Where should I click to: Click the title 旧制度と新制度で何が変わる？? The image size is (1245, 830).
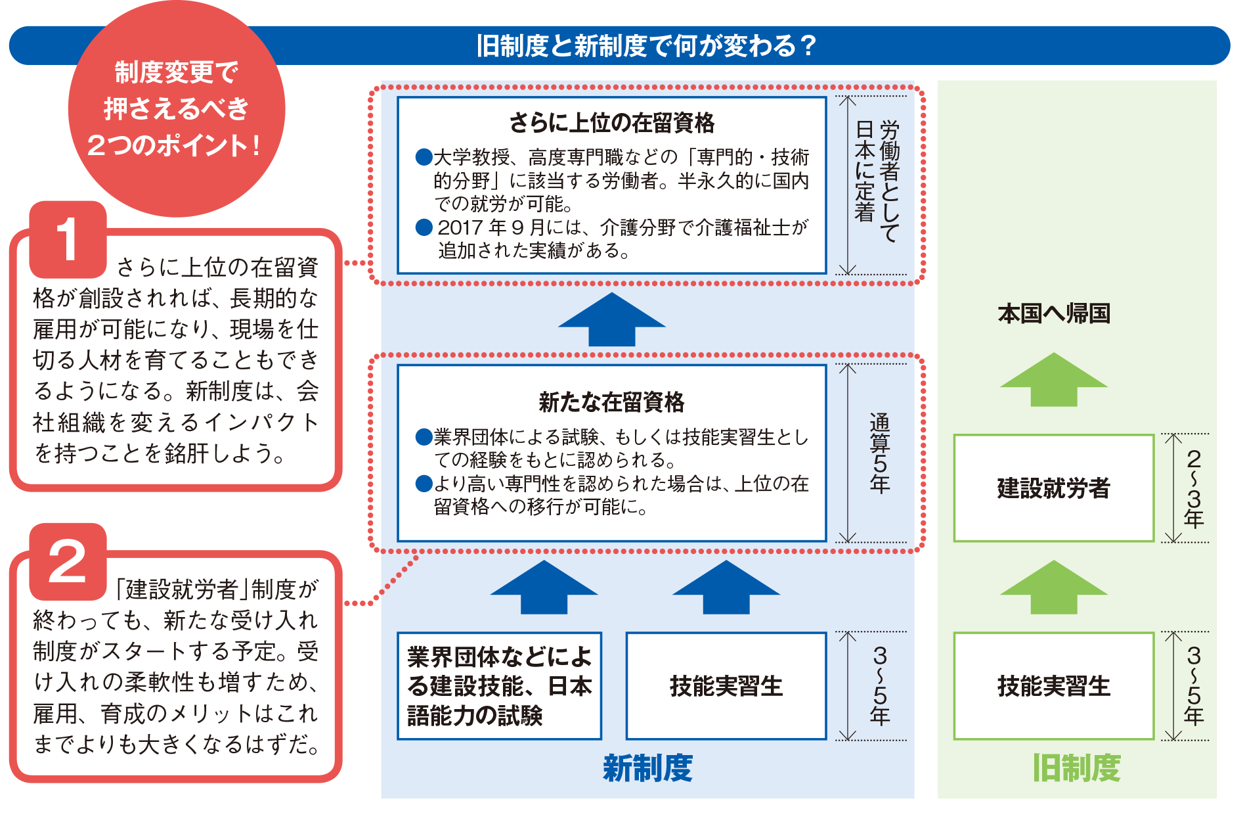(x=646, y=46)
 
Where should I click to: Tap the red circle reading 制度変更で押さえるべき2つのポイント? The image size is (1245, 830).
(x=176, y=108)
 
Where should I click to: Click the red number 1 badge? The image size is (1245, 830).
(x=68, y=239)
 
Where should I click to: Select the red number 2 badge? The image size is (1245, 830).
(x=68, y=561)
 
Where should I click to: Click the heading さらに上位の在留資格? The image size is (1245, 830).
(x=611, y=123)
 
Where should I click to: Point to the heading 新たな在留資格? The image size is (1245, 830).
(x=611, y=402)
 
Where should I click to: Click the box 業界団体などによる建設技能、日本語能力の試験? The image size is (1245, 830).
(x=499, y=685)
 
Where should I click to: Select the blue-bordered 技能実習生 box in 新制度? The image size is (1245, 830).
(x=726, y=685)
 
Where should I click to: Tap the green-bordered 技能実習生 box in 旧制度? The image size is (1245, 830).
(x=1053, y=685)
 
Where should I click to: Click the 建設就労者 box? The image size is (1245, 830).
(x=1053, y=488)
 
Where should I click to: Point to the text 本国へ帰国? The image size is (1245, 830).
(x=1053, y=313)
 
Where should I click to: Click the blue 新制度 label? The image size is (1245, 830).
(x=647, y=768)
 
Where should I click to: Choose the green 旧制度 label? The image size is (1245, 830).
(x=1076, y=768)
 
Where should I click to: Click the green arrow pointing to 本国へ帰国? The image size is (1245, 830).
(x=1053, y=380)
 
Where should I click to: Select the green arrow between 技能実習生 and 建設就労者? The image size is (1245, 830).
(x=1053, y=588)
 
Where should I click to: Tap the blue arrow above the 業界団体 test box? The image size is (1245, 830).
(x=544, y=588)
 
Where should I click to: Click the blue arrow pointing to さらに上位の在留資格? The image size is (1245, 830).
(x=611, y=320)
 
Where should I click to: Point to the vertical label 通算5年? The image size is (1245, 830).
(x=879, y=453)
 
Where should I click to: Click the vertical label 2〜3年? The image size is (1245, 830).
(x=1193, y=488)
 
